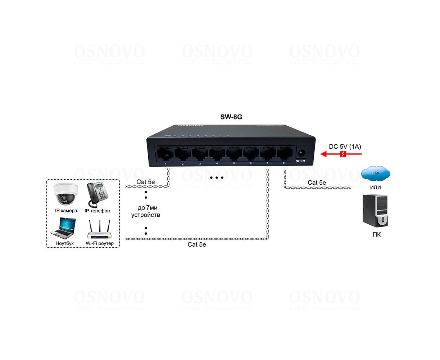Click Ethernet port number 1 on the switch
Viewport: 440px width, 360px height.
click(165, 154)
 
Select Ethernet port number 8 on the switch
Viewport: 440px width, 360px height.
click(284, 154)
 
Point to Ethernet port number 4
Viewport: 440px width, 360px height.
click(217, 154)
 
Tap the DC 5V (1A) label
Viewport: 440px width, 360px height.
click(345, 147)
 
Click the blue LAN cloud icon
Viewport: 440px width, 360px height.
click(376, 174)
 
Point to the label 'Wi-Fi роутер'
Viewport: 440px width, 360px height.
click(100, 243)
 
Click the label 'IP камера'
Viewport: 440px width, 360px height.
click(66, 211)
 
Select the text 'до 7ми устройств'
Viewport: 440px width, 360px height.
click(145, 211)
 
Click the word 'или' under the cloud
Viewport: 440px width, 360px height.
click(376, 187)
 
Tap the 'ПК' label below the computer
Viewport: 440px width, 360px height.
click(376, 235)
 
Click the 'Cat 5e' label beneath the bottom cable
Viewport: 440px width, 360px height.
click(197, 245)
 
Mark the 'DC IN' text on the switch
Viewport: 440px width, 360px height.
click(300, 161)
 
